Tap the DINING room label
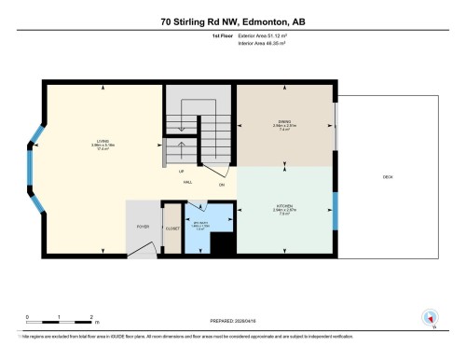[284, 119]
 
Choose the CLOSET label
[171, 228]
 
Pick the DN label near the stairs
[222, 185]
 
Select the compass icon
[430, 318]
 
